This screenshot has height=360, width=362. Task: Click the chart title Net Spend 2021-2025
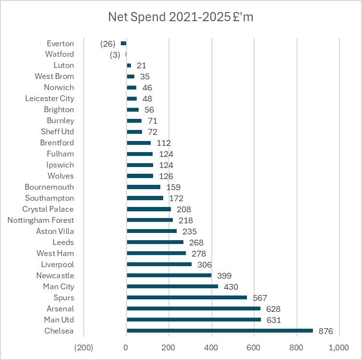click(x=181, y=17)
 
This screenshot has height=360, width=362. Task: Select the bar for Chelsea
click(x=220, y=331)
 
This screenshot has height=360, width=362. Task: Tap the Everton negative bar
click(x=123, y=43)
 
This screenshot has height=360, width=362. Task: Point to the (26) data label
click(x=108, y=44)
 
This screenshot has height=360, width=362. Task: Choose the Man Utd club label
click(x=59, y=320)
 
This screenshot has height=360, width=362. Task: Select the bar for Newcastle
click(x=169, y=275)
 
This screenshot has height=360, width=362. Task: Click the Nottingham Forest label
click(x=41, y=220)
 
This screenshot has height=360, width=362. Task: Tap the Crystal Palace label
click(x=48, y=209)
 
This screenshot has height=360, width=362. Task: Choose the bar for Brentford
click(x=139, y=143)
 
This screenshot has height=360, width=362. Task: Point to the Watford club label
click(x=60, y=54)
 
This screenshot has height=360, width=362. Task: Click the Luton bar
click(x=129, y=65)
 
